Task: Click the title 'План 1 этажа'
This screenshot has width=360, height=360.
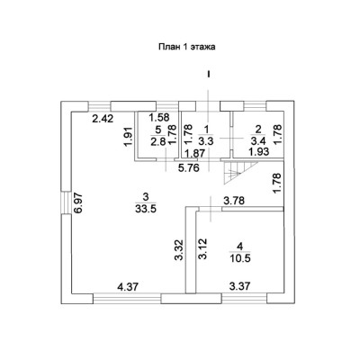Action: (187, 47)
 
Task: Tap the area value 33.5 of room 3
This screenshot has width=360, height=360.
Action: (146, 209)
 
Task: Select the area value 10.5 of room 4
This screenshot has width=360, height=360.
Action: (239, 258)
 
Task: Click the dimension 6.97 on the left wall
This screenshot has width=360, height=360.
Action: (78, 203)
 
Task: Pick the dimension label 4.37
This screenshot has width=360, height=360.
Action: (128, 287)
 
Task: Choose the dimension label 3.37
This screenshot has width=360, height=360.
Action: (239, 287)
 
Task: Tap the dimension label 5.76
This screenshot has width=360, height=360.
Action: (188, 168)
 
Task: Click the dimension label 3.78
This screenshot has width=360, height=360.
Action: (234, 201)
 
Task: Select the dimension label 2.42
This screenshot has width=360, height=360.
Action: (103, 119)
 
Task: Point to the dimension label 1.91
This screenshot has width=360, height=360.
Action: (129, 138)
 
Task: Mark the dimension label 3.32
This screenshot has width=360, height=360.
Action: (180, 249)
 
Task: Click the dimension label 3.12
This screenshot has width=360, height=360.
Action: (202, 249)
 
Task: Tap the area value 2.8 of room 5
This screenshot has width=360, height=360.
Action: (158, 141)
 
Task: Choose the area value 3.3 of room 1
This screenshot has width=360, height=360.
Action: (207, 141)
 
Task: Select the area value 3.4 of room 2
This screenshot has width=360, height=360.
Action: (258, 141)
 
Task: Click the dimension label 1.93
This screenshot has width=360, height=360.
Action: (258, 151)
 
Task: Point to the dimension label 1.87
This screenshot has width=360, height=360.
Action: (194, 153)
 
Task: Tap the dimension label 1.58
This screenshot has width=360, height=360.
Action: (159, 117)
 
